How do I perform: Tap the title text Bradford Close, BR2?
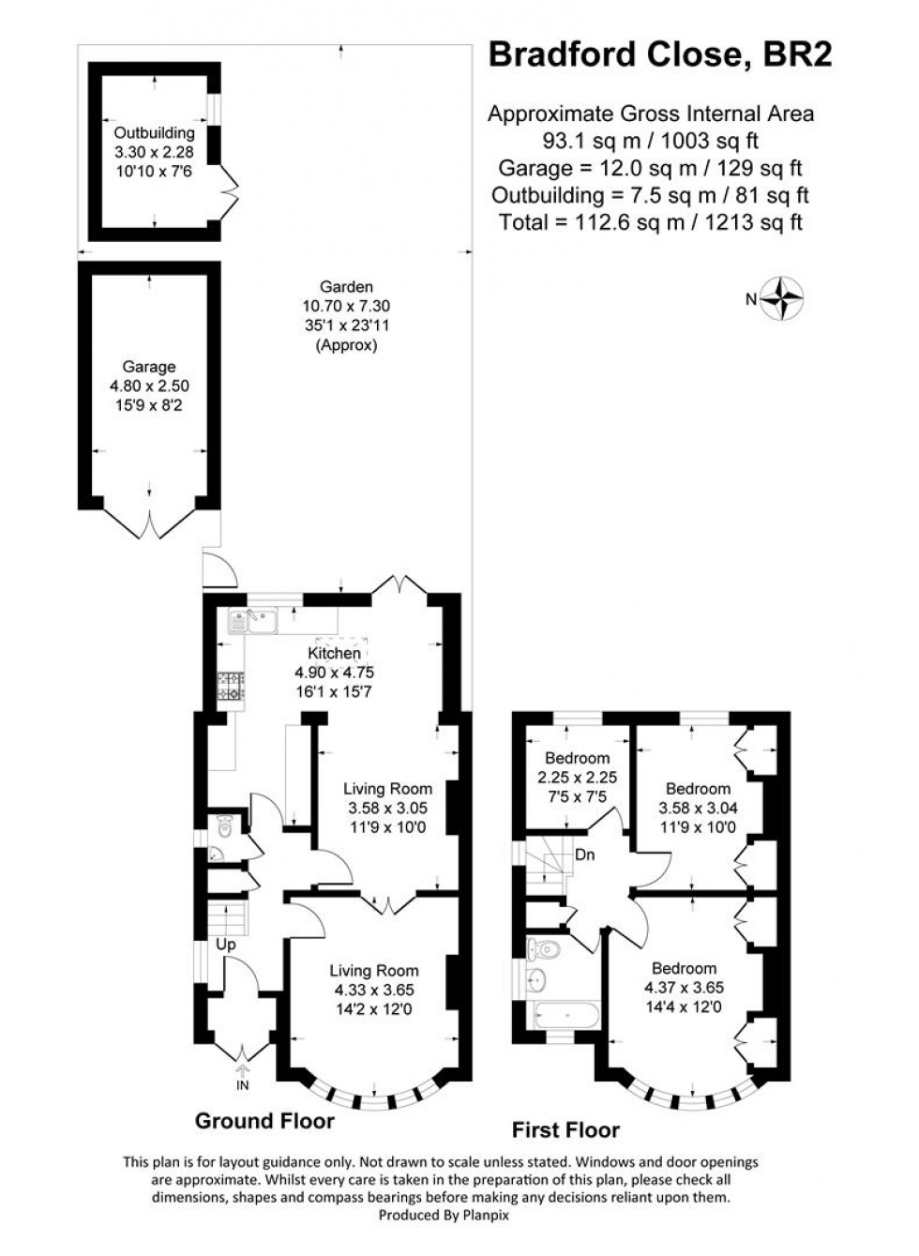point(659,55)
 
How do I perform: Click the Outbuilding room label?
point(154,133)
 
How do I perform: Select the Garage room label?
point(148,368)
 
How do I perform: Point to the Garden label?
point(346,287)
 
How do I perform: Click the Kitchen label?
point(334,653)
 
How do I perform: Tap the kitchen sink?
point(251,620)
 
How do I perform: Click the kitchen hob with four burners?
point(231,687)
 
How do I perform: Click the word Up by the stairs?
point(226,945)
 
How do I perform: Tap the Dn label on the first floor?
point(585,855)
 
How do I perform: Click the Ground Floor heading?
point(264,1120)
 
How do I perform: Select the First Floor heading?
point(565,1129)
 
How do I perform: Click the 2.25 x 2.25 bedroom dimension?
point(577,778)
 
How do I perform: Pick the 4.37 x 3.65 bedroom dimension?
point(684,988)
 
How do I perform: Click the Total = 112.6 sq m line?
point(651,222)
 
